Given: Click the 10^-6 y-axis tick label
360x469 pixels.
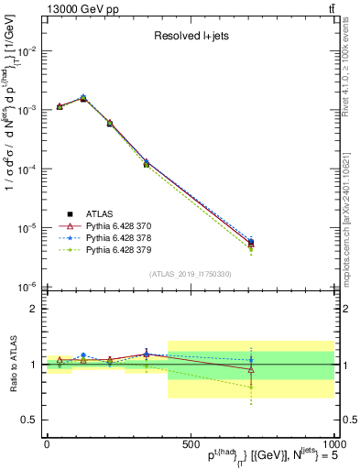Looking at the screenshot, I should [x=28, y=287].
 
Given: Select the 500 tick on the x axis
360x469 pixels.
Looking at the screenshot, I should [x=190, y=442].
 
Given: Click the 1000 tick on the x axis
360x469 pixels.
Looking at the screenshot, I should [x=332, y=442].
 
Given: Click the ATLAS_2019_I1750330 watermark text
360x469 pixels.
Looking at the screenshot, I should [x=190, y=274].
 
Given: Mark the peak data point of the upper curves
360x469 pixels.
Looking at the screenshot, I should [x=84, y=97].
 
